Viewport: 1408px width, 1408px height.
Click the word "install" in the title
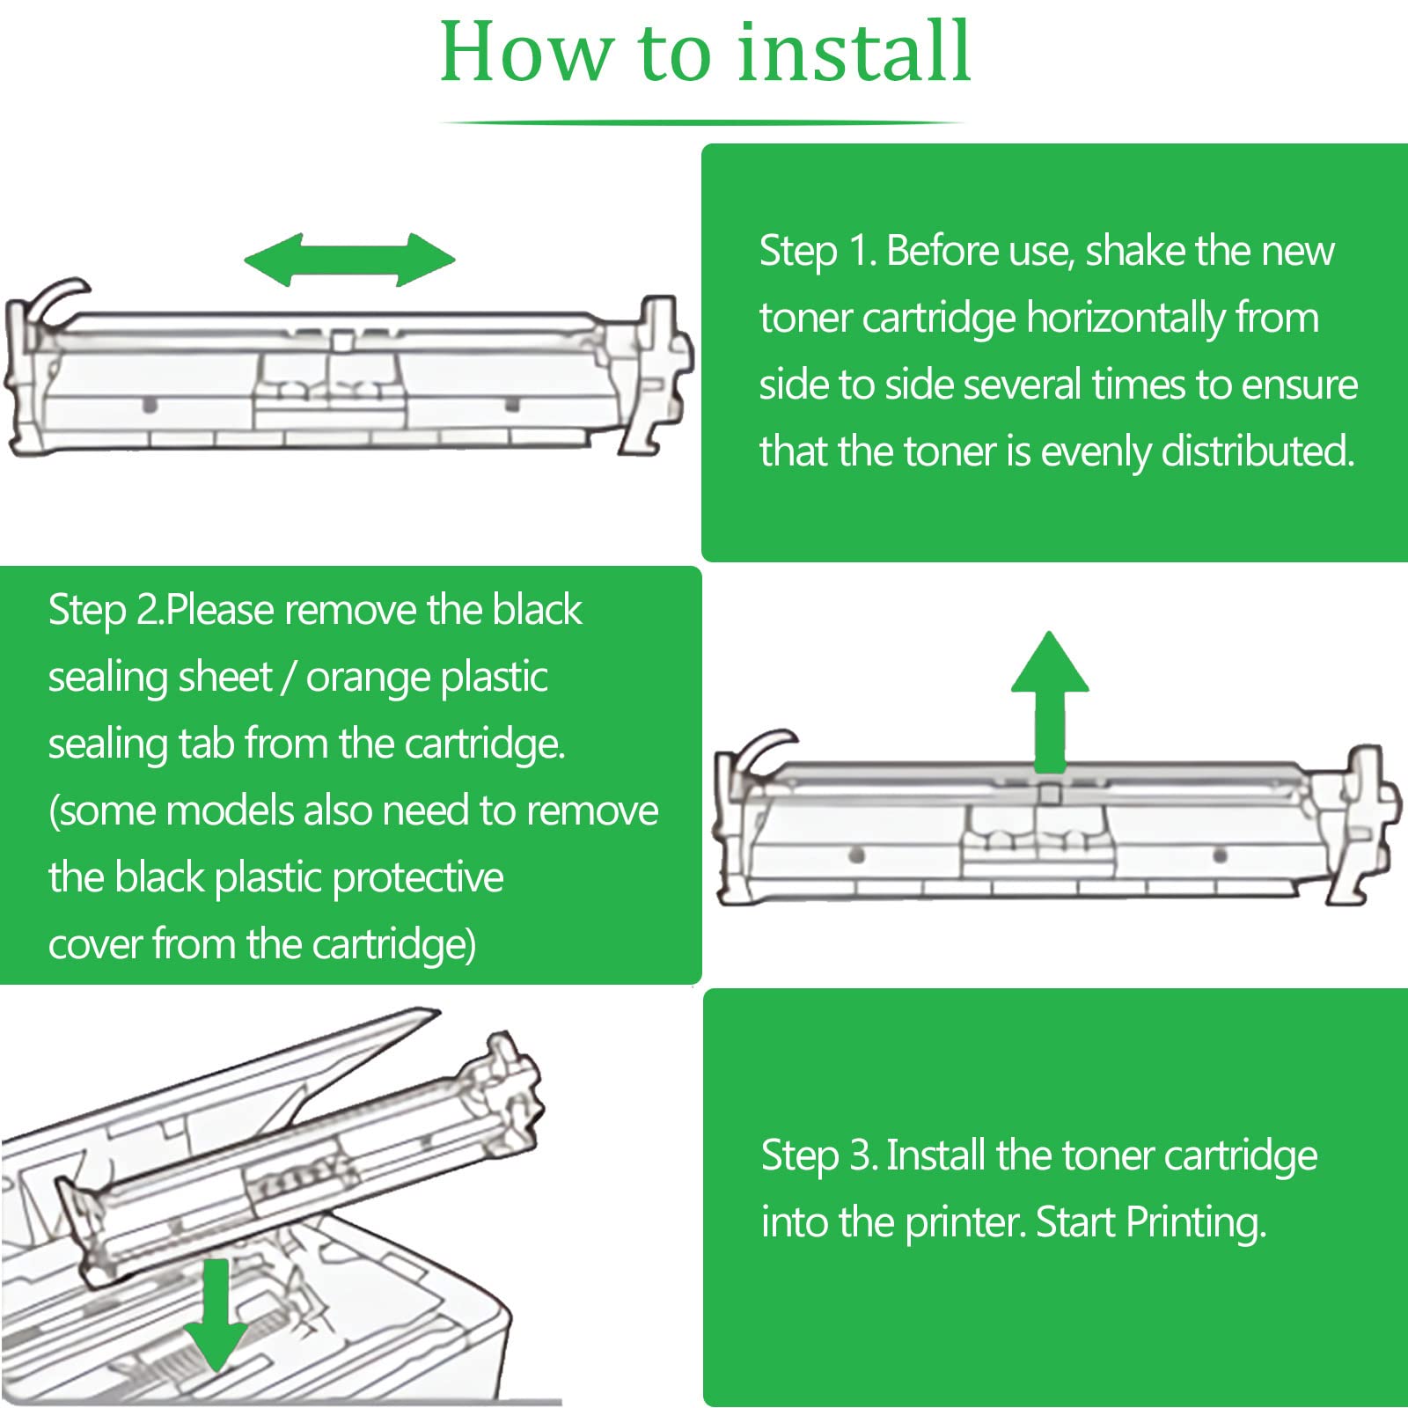tap(854, 53)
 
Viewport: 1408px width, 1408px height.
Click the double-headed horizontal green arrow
tap(349, 260)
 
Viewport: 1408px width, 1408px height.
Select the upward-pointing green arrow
tap(1049, 695)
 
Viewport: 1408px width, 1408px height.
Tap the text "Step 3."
tap(819, 1156)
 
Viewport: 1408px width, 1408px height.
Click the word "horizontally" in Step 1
tap(1126, 318)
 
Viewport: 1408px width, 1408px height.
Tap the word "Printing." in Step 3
tap(1195, 1223)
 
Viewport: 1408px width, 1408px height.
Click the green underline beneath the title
tap(702, 123)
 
